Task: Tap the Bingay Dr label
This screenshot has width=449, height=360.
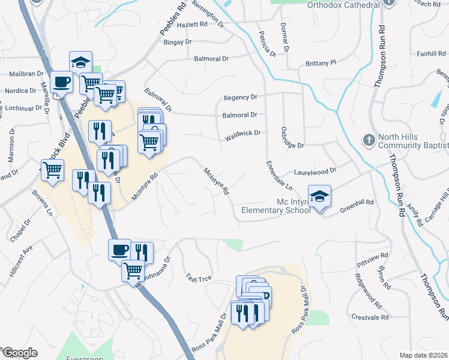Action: pos(177,42)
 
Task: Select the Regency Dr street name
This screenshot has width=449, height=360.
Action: pos(240,97)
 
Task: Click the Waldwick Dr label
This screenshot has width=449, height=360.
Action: pos(243,134)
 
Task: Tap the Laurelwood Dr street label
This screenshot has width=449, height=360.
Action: pos(315,171)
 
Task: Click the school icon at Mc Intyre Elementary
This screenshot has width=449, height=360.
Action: pos(320,196)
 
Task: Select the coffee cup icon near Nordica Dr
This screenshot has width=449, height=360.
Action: pos(61,82)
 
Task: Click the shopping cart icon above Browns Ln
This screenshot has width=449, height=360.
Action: pos(52,169)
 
